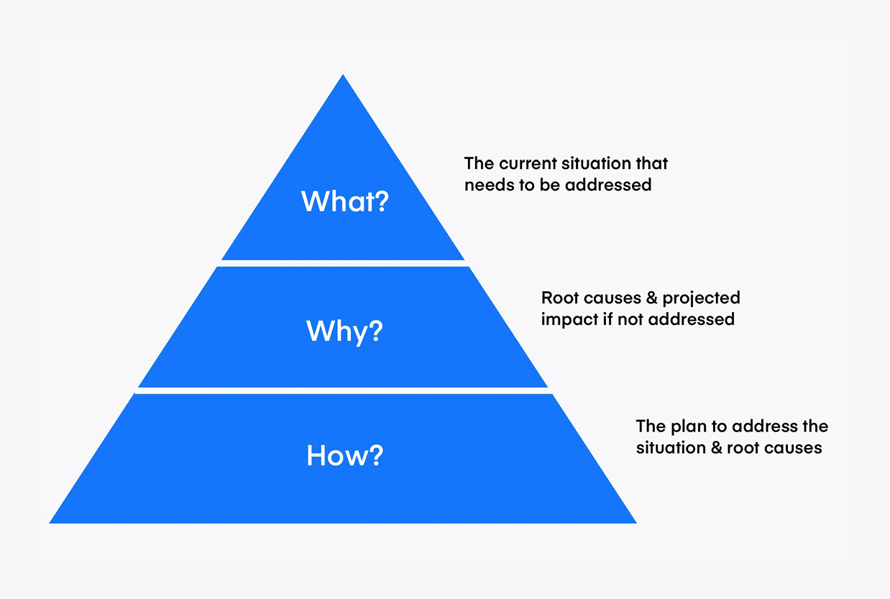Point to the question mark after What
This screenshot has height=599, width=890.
point(381,201)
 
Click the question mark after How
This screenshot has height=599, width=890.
point(375,454)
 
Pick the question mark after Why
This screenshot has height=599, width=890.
point(375,330)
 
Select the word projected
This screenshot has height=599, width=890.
point(701,298)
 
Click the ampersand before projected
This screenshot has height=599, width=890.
point(652,298)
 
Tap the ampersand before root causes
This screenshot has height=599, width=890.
point(716,448)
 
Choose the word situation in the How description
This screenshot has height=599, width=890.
point(670,448)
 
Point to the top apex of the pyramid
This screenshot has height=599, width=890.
point(343,74)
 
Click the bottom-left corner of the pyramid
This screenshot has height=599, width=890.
point(50,523)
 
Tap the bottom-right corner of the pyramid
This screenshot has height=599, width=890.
point(636,523)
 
